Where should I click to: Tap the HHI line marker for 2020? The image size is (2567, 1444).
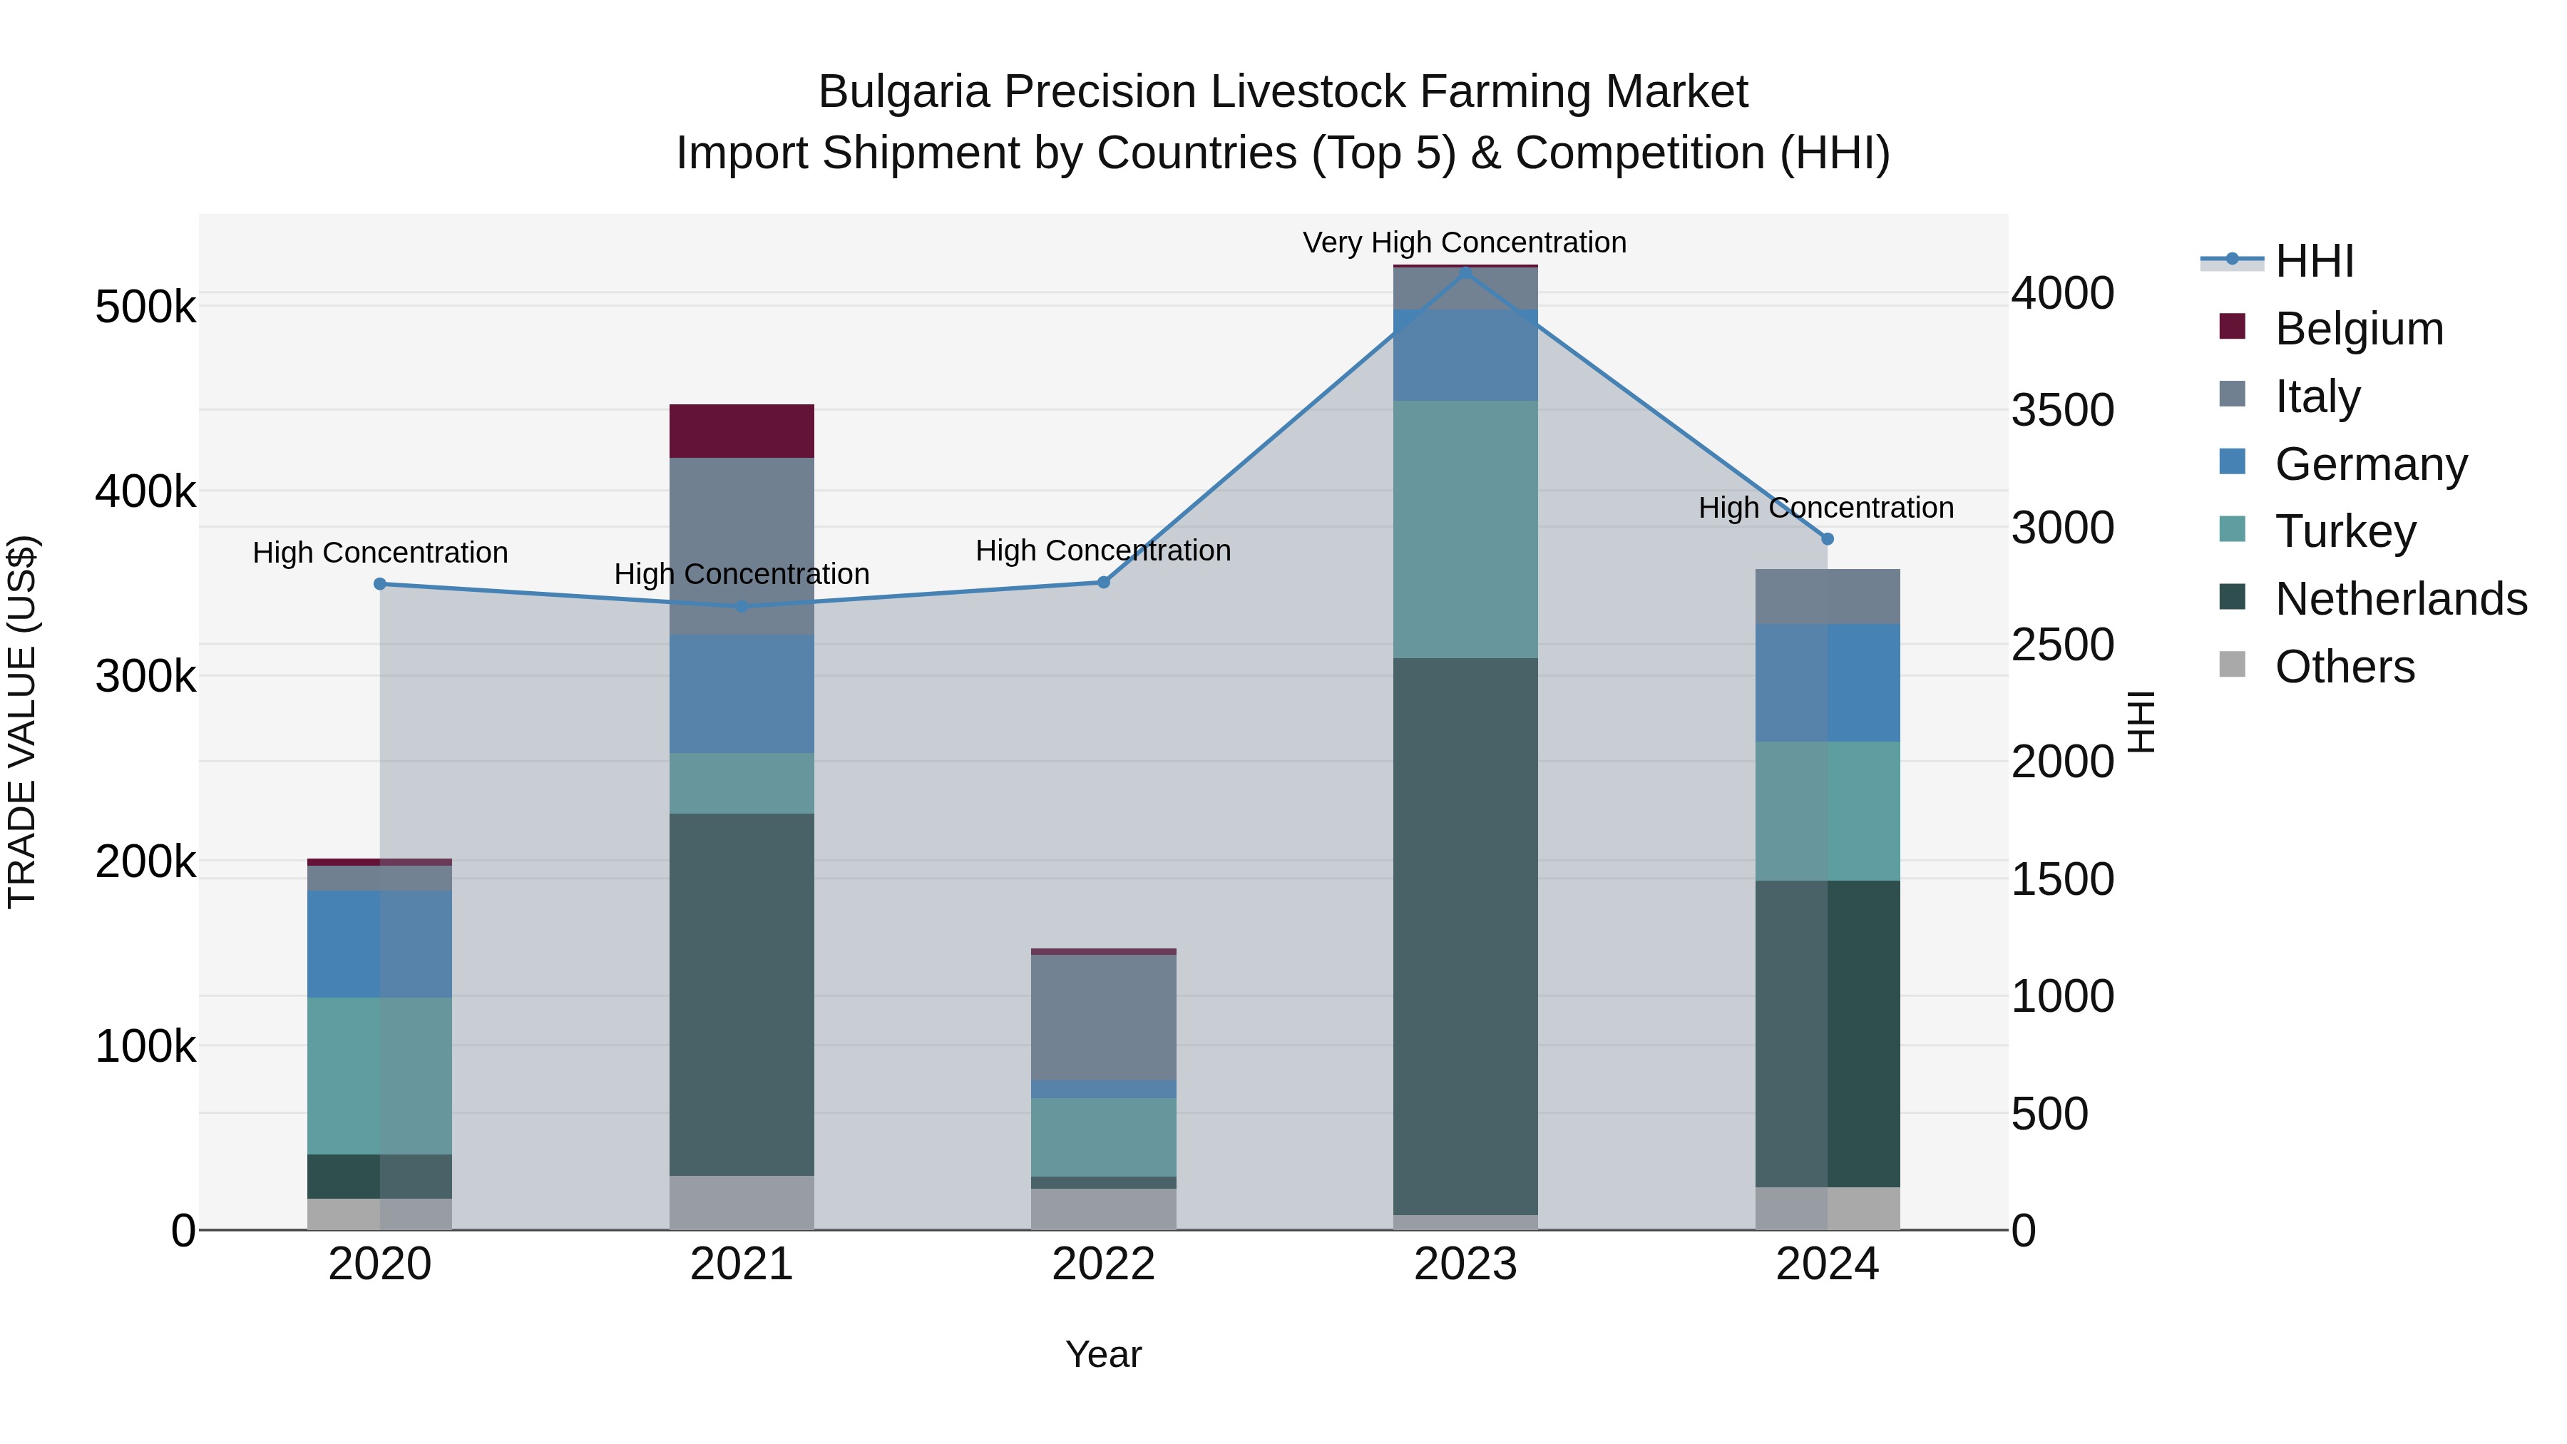coord(379,584)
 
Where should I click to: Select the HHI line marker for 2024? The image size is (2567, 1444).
coord(1827,538)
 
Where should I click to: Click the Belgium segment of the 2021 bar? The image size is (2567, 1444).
coord(742,431)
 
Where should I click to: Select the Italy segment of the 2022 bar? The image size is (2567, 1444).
coord(1103,1016)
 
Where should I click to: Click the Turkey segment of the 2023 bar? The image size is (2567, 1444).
coord(1465,528)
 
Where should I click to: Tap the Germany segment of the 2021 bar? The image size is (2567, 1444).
coord(742,694)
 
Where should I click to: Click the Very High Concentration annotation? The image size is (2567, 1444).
coord(1464,242)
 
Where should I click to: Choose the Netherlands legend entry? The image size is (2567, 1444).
coord(2401,599)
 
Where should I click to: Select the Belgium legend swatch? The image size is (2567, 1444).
coord(2232,327)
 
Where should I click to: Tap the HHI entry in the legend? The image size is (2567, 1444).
coord(2314,261)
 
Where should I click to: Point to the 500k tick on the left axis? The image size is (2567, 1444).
coord(145,307)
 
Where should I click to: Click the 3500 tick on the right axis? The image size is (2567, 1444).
coord(2061,409)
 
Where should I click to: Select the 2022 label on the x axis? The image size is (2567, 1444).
coord(1103,1264)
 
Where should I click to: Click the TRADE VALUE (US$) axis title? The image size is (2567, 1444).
coord(22,722)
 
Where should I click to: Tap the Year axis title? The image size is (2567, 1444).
coord(1103,1354)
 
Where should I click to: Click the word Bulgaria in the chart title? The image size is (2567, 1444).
coord(904,92)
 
